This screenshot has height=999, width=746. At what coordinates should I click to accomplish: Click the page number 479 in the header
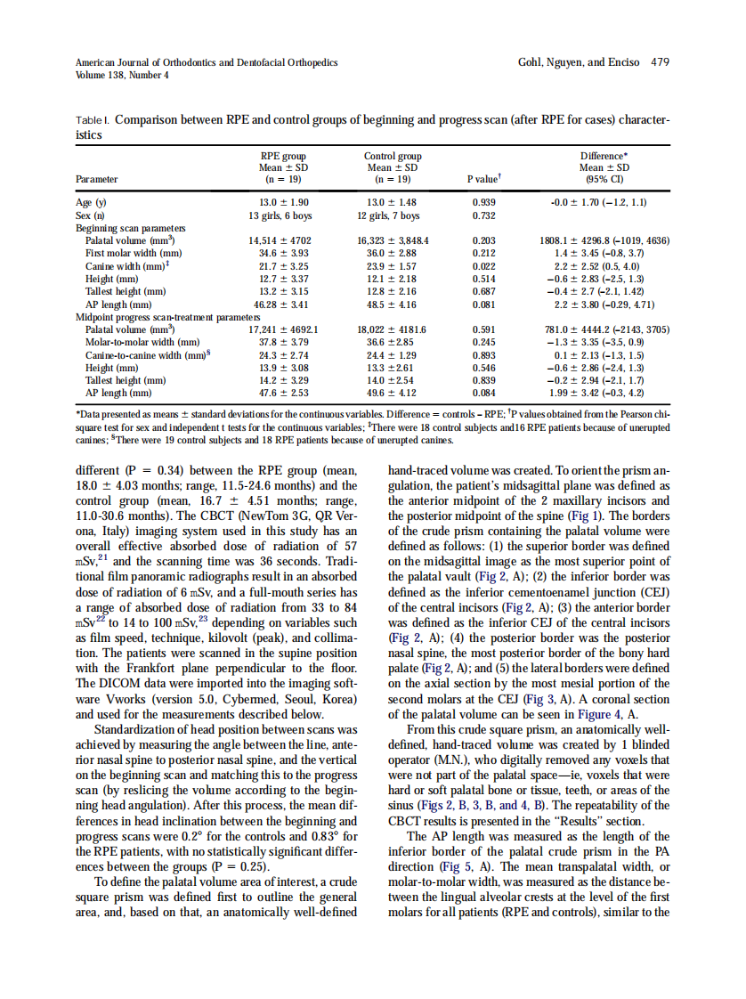(660, 62)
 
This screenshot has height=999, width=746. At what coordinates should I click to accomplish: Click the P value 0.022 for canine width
(483, 266)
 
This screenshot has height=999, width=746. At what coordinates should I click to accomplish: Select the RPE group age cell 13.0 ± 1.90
(283, 203)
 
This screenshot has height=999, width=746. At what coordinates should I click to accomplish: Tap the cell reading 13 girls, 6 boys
(283, 215)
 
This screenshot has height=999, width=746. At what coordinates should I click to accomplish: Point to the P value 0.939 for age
(483, 203)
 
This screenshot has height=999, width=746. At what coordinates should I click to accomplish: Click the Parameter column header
(97, 179)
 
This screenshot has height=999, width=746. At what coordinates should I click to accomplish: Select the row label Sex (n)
(90, 215)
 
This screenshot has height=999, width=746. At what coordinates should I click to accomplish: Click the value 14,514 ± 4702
(283, 241)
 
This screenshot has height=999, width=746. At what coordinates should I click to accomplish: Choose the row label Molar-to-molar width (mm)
(142, 342)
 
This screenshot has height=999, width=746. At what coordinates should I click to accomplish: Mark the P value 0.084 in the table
(483, 393)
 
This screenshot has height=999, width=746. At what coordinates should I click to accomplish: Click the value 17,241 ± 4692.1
(283, 329)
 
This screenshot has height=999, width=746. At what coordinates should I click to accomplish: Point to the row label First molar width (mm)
(134, 254)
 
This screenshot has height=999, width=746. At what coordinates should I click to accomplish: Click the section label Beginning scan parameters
(125, 229)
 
